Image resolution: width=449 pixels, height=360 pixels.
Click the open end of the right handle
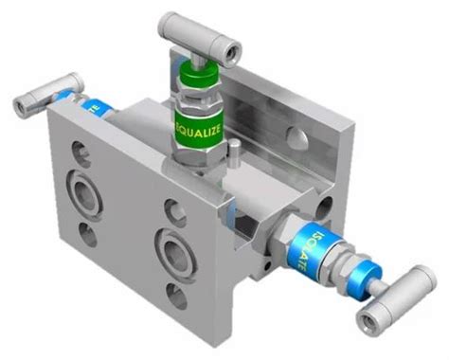[369, 323]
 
